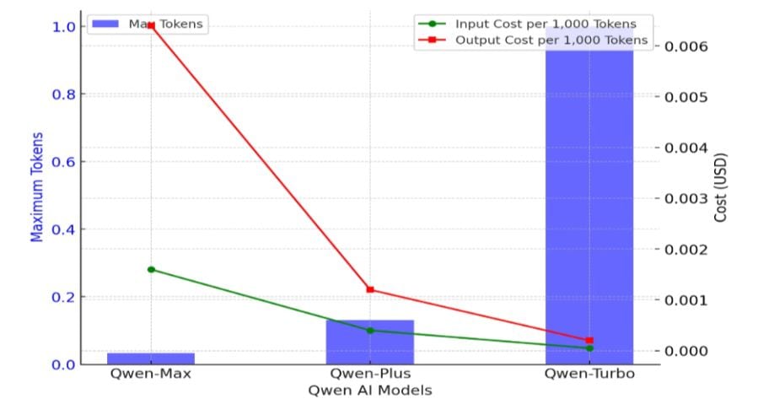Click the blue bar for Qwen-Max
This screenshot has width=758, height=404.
(151, 358)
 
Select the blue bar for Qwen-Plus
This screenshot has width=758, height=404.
(370, 342)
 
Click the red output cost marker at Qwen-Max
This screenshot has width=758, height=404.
(151, 26)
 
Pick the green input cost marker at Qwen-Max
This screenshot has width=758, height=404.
(151, 269)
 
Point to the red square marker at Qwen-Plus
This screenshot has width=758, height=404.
(370, 289)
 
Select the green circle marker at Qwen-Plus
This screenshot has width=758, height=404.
(370, 330)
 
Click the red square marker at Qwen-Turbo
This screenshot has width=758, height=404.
(589, 340)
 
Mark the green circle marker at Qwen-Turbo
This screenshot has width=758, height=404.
(589, 347)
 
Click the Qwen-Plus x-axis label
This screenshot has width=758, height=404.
(370, 374)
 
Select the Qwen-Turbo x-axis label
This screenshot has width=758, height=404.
(589, 374)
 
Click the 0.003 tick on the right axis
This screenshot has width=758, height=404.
(691, 198)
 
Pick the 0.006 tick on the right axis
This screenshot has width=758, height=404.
(691, 46)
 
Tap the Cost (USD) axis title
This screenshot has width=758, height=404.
(721, 188)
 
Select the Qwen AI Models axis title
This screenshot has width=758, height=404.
(370, 391)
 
